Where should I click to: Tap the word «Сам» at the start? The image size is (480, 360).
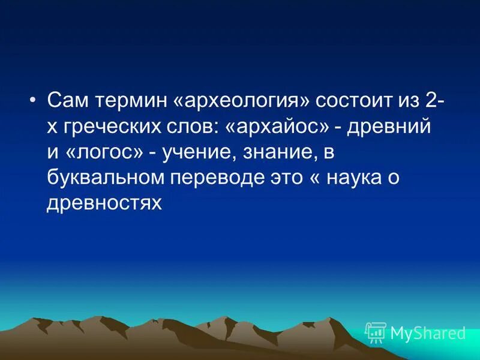click(67, 101)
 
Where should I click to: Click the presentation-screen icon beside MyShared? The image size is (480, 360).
click(376, 332)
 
